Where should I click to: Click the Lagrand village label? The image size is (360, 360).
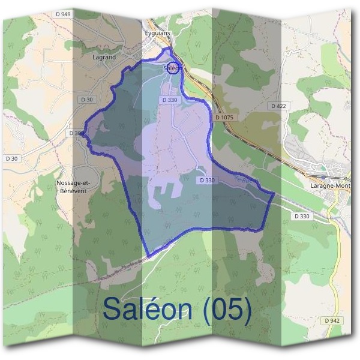pos(104,57)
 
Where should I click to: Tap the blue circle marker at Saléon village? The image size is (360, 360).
pos(172,67)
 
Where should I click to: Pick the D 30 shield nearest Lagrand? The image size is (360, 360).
pos(86,99)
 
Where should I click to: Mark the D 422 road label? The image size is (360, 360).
pos(277,106)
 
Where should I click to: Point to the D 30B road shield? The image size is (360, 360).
pos(76,133)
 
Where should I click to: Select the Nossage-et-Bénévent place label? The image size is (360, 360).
pos(71,186)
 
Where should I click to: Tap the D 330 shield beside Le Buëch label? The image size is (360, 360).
pos(206,180)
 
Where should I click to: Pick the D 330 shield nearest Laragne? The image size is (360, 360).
pos(302,216)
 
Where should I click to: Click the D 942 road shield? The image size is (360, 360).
pos(332,321)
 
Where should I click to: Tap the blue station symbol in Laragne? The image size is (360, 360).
pos(323,178)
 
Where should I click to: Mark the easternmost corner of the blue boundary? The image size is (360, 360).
pos(274,194)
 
